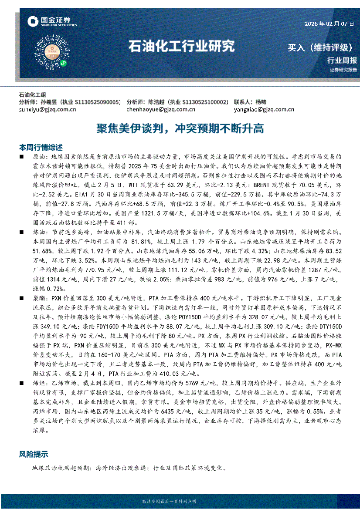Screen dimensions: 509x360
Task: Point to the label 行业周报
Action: point(342,60)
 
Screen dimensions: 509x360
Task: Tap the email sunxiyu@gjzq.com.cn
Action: point(48,110)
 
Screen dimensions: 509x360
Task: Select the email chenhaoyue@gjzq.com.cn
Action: point(161,110)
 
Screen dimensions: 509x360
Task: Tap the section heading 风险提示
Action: point(34,454)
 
